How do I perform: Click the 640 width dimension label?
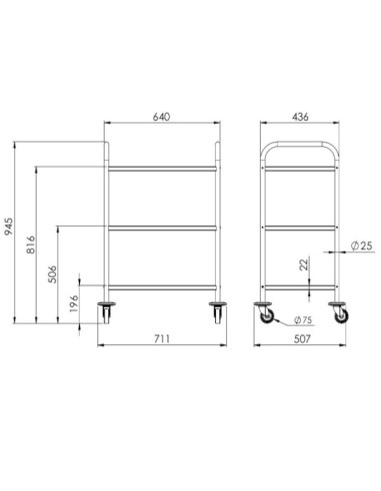(162, 117)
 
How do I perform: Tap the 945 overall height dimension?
(8, 226)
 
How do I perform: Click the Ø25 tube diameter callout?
(363, 245)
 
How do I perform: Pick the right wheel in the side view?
(342, 312)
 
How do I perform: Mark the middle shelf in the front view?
(162, 229)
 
